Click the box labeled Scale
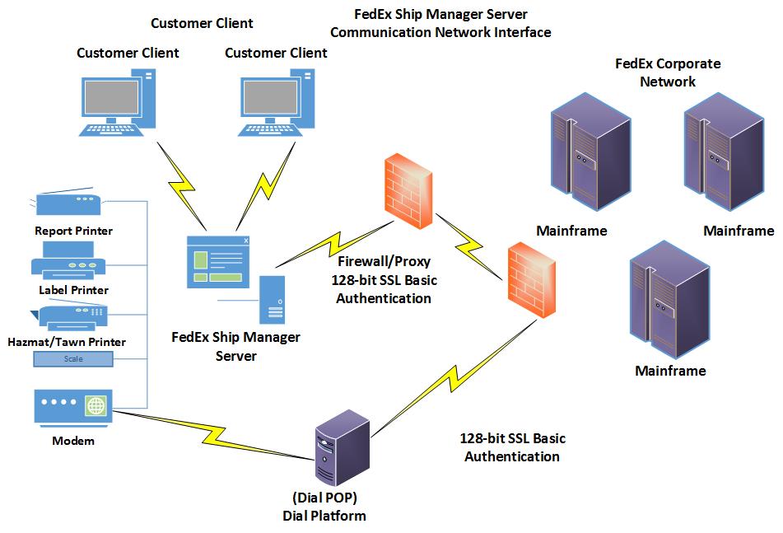[72, 359]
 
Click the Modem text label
[73, 441]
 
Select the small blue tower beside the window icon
[273, 300]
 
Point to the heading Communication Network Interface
[440, 32]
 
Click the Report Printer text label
[73, 231]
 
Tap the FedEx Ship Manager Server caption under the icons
[235, 346]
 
